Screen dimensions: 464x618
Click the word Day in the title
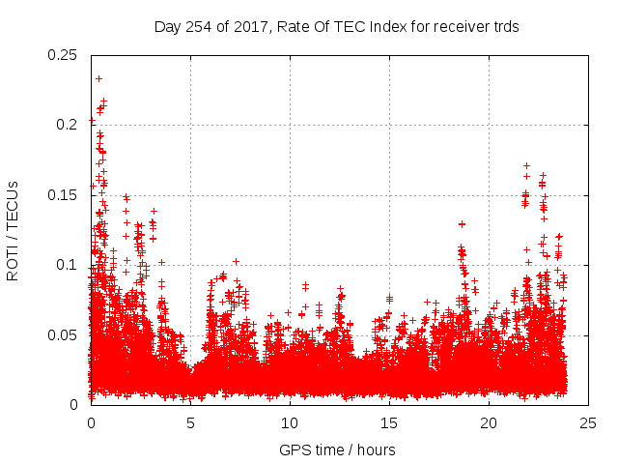tap(168, 27)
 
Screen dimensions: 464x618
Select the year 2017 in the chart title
tap(243, 27)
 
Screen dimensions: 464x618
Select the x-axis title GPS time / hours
tap(337, 450)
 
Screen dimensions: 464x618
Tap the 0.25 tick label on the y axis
tap(64, 54)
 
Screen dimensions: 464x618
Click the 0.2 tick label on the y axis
tap(69, 125)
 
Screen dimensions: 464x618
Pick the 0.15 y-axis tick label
tap(64, 195)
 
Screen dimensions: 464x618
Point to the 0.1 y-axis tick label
tap(69, 265)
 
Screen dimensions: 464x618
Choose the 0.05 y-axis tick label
tap(64, 335)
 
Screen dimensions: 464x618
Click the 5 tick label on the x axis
tap(190, 422)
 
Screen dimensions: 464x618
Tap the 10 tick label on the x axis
tap(290, 422)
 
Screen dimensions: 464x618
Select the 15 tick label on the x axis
tap(389, 422)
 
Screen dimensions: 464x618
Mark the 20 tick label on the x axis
tap(489, 422)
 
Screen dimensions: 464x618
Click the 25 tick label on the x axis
tap(588, 422)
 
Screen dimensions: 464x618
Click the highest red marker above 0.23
tap(98, 78)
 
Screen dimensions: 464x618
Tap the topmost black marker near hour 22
tap(526, 165)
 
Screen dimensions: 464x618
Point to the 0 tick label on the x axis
tap(91, 422)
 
